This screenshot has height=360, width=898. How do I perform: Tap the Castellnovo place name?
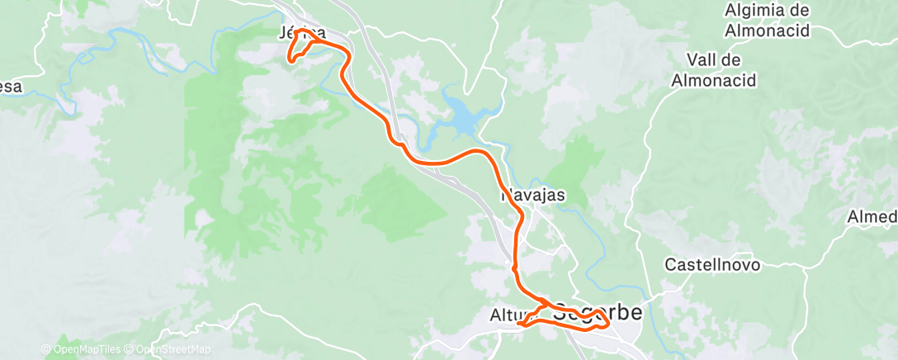(x=712, y=266)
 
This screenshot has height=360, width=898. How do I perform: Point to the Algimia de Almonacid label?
(x=766, y=21)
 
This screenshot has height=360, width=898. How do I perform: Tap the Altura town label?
(x=505, y=315)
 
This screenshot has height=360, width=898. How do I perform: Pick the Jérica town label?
(x=301, y=33)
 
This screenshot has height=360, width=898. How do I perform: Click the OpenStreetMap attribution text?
(x=171, y=349)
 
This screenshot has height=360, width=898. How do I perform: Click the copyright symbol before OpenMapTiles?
(x=47, y=349)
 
